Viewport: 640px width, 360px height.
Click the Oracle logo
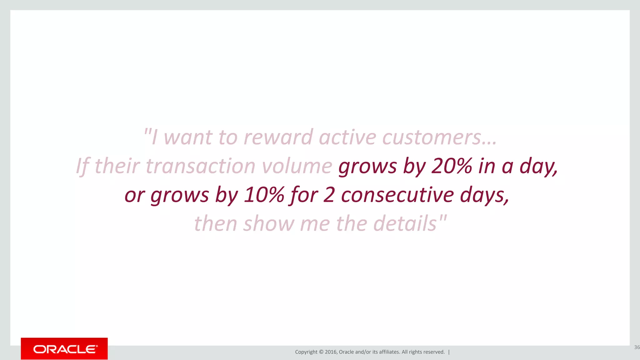[64, 349]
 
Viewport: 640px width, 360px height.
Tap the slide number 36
[637, 347]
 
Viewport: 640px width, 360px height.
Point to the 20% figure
[452, 166]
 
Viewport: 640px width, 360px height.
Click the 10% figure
[264, 195]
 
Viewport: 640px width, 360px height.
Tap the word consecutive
[397, 195]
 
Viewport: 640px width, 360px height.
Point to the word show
[269, 223]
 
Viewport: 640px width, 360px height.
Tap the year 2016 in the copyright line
[331, 352]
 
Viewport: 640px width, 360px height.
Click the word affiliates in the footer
[389, 352]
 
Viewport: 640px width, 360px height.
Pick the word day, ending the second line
[538, 166]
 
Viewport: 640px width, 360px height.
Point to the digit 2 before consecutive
[329, 195]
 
